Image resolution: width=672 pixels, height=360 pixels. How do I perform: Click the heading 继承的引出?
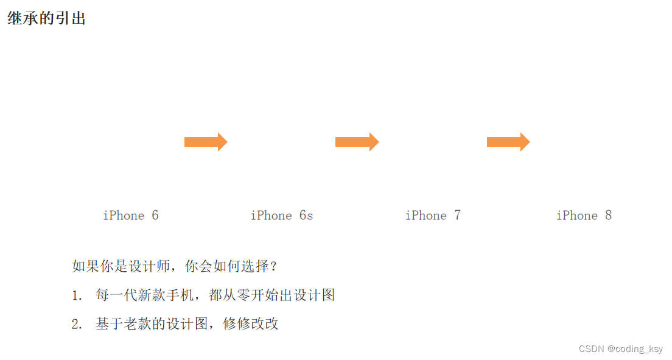(46, 19)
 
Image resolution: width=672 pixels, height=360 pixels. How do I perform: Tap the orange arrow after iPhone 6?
(206, 142)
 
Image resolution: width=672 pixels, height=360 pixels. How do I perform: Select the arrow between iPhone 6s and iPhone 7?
(357, 142)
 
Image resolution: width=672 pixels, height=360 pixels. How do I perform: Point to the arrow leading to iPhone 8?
(508, 142)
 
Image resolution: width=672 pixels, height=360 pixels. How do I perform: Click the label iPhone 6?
(131, 216)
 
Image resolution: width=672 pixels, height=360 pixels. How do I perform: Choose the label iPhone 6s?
(282, 216)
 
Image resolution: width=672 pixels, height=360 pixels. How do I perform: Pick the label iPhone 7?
(433, 216)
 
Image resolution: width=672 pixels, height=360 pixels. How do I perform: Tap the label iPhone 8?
(584, 216)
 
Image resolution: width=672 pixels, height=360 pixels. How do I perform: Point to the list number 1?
(76, 296)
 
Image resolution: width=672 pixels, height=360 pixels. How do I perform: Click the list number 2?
(76, 325)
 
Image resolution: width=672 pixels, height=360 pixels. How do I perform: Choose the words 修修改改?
(251, 324)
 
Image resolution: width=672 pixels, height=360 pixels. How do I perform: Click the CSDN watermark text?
(590, 349)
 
